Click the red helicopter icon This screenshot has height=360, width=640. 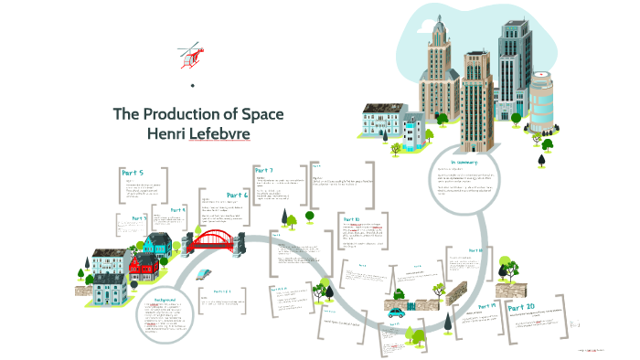[190, 54]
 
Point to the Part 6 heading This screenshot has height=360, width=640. [238, 195]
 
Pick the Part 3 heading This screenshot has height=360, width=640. [139, 218]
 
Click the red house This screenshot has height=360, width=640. [142, 265]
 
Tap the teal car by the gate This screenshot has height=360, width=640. [396, 312]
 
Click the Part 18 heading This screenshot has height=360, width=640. [475, 250]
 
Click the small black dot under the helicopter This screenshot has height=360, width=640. [193, 86]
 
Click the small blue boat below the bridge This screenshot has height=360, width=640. [203, 273]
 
